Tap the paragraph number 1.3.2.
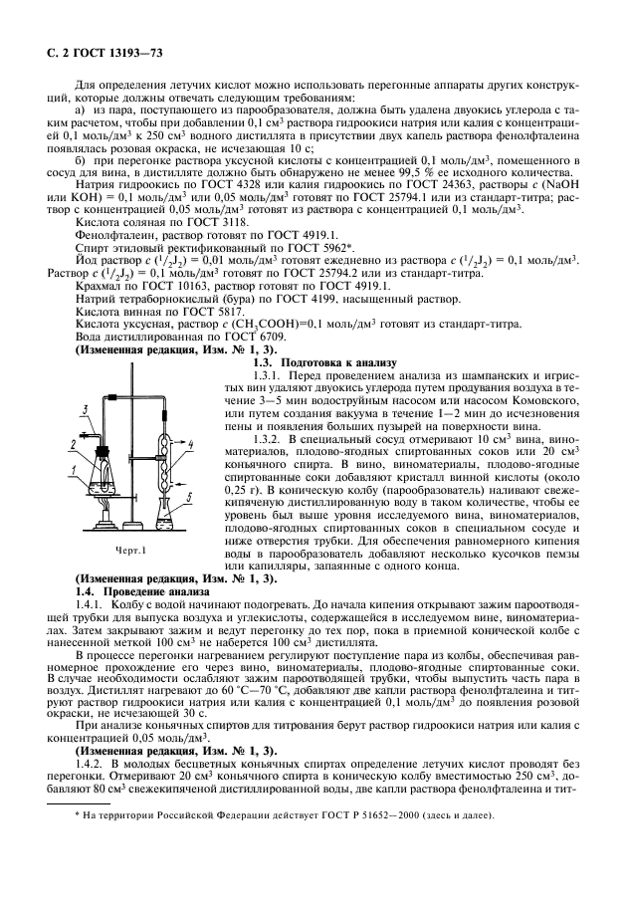point(270,439)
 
